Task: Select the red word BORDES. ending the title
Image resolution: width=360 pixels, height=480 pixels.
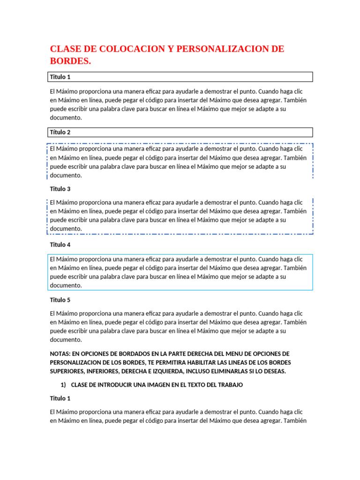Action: click(71, 61)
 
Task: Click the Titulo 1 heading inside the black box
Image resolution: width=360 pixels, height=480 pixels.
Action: click(60, 77)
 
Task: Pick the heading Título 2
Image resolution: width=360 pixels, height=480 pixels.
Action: click(60, 132)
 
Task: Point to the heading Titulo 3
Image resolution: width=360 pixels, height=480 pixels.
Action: click(60, 189)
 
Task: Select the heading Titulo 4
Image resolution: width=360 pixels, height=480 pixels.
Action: click(60, 245)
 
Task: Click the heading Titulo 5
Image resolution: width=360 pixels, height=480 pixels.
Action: click(60, 300)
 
